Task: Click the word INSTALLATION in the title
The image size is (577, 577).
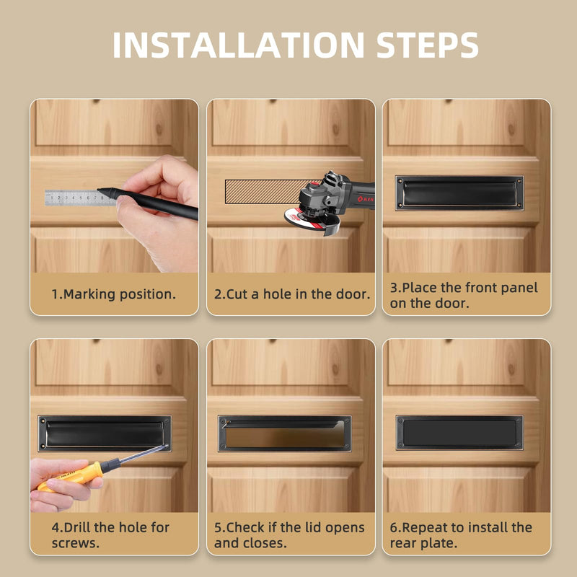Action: coord(238,45)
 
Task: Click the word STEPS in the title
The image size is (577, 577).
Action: coord(427,45)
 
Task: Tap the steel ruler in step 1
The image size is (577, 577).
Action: coord(79,198)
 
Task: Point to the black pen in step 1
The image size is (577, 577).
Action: coord(147,203)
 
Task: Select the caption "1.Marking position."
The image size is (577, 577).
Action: coord(114,294)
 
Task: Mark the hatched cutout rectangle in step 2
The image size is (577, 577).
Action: coord(265,191)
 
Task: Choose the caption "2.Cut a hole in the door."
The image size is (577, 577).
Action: coord(292,294)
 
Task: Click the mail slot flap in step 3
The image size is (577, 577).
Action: coord(459,193)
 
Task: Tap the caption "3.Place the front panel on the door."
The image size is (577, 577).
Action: coord(464,295)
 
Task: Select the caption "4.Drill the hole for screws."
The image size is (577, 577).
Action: coord(110,535)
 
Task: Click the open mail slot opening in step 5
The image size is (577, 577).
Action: coord(285,436)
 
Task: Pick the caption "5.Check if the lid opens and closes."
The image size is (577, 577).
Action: coord(289,535)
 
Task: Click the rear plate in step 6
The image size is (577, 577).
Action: coord(459,433)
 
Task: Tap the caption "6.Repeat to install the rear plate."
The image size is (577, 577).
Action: coord(461,535)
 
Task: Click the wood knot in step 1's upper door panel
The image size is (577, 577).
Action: coord(159,128)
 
